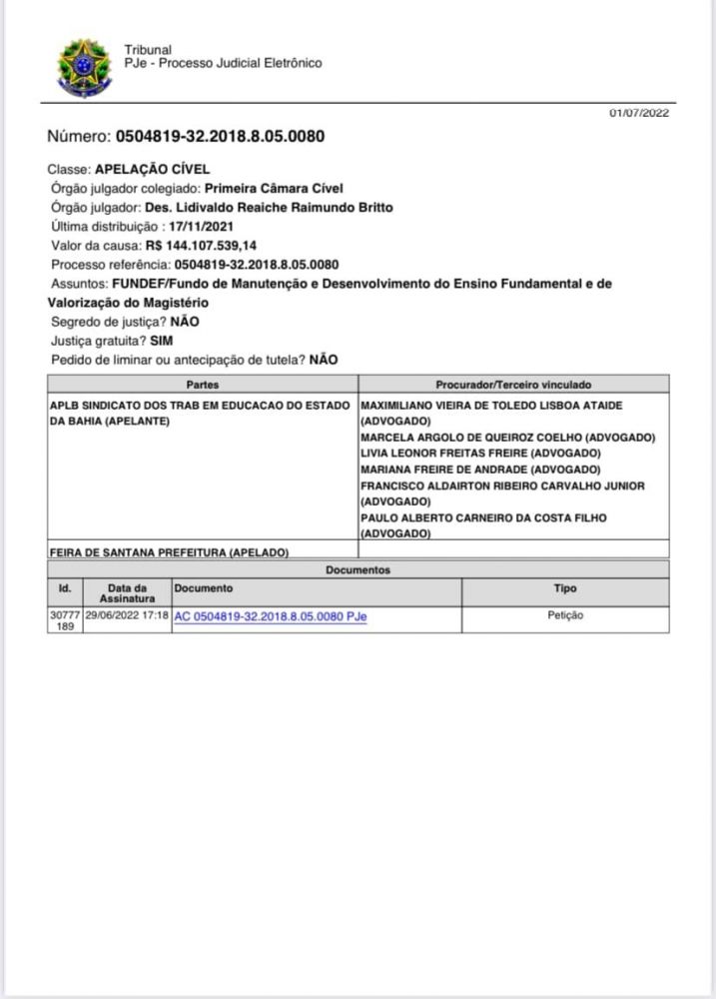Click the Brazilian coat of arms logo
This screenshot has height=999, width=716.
click(85, 67)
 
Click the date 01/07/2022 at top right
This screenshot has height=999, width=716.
click(639, 113)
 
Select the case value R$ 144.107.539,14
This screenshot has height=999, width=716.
click(201, 245)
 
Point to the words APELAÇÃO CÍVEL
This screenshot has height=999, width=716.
click(152, 170)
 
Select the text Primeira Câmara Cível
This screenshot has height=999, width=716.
click(273, 188)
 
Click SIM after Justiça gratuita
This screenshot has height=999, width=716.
click(161, 341)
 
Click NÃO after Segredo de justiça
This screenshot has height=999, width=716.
click(185, 322)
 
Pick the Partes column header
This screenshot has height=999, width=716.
click(202, 385)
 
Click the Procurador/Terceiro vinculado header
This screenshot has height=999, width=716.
click(513, 385)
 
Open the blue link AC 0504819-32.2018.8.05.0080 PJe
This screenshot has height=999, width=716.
click(271, 616)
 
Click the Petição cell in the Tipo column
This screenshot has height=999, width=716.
click(565, 615)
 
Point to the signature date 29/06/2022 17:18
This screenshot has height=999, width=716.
click(127, 615)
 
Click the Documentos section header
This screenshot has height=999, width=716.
click(358, 569)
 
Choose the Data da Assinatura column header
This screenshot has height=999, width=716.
click(127, 593)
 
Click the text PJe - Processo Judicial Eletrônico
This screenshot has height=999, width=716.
click(223, 63)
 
